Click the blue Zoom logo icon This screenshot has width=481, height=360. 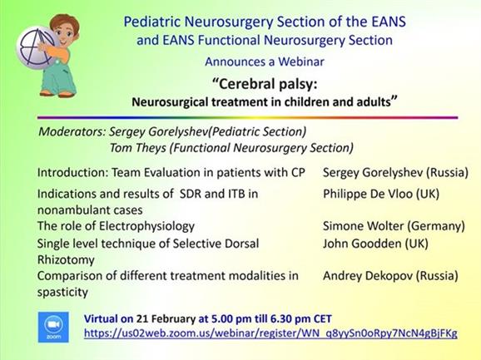(53, 327)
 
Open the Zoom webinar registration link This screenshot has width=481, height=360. (270, 333)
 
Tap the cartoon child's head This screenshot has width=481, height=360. (65, 30)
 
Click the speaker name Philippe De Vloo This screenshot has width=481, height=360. (368, 194)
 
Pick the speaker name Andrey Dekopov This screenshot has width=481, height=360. (368, 276)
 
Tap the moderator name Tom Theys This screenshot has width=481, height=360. (138, 148)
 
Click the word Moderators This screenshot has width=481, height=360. (72, 131)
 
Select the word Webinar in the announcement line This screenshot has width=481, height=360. (301, 62)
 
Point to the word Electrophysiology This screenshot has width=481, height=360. (146, 226)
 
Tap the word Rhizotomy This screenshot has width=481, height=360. (66, 260)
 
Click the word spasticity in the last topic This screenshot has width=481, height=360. (62, 293)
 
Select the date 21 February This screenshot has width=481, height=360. (166, 319)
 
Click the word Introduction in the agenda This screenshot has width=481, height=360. (73, 172)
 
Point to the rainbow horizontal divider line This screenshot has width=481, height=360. (247, 117)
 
